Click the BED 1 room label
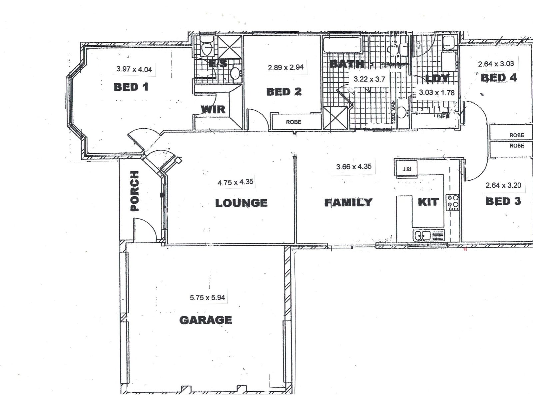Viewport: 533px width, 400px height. (131, 87)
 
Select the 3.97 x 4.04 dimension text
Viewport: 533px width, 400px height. (134, 69)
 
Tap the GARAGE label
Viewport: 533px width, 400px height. (206, 320)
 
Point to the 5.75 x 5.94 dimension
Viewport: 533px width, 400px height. (208, 297)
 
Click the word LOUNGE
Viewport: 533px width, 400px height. (241, 203)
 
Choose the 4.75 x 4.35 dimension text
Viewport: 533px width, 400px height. (235, 182)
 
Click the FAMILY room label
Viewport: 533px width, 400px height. (348, 202)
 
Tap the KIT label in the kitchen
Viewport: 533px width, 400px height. (428, 202)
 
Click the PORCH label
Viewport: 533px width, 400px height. (134, 191)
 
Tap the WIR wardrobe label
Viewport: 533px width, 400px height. (213, 109)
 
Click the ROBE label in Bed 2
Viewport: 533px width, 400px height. (293, 122)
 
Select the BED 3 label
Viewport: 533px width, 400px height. (503, 201)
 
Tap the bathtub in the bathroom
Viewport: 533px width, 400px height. (342, 45)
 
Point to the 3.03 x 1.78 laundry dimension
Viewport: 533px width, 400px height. (437, 92)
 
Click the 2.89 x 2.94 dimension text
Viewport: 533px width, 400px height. (285, 67)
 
